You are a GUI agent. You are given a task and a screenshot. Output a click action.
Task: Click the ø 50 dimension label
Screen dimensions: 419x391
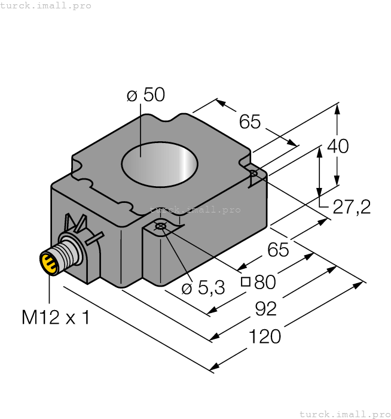[x=145, y=96]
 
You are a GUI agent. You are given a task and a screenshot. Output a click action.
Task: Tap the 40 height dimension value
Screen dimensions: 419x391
[x=338, y=146]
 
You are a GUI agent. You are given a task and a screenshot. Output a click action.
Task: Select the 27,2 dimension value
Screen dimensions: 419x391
[x=351, y=207]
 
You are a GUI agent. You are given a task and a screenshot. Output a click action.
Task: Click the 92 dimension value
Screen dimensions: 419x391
[x=265, y=309]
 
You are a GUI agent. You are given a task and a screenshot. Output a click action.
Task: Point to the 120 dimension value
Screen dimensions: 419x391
[x=265, y=337]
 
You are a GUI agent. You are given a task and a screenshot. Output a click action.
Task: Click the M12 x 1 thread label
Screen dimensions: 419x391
[x=56, y=317]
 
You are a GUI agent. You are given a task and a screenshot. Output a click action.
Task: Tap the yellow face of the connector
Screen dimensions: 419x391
[x=48, y=263]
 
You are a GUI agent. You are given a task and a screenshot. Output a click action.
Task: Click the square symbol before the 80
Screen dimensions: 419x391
[x=245, y=283]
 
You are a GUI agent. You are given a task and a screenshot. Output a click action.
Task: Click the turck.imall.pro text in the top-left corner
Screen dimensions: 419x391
[x=46, y=5]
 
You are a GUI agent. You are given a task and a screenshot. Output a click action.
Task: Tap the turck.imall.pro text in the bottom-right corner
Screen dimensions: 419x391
[x=344, y=414]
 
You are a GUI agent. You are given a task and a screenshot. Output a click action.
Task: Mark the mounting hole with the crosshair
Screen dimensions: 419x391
[x=160, y=226]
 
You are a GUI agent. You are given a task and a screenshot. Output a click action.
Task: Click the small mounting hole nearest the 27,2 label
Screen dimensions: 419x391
[x=253, y=174]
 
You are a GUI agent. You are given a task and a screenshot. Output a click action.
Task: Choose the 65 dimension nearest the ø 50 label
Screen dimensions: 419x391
[x=250, y=122]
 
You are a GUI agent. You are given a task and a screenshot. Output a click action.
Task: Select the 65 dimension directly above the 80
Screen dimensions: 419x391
[x=278, y=250]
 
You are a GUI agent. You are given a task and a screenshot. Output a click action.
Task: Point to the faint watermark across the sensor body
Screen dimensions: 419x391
[x=195, y=210]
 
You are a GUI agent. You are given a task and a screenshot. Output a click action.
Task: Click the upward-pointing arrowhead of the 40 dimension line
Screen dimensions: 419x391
[x=338, y=108]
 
